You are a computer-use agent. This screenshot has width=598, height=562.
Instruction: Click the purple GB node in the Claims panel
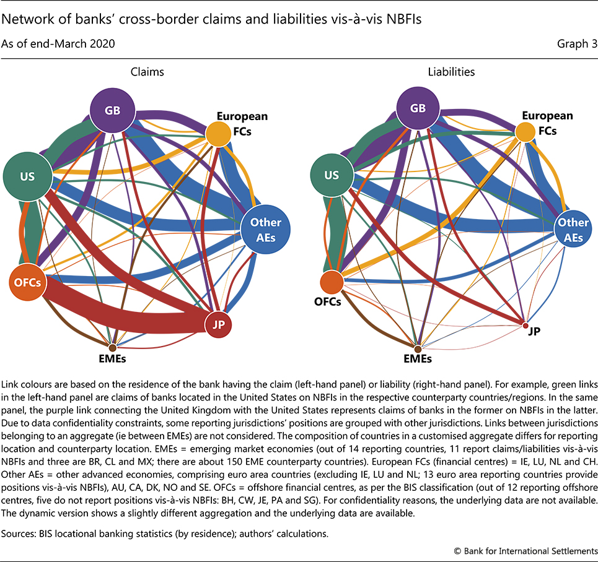click(113, 111)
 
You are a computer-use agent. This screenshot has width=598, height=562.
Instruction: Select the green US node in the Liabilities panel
click(332, 175)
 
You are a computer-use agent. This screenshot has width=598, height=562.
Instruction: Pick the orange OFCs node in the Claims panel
click(28, 283)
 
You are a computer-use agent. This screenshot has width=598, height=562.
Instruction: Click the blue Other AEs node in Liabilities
click(573, 228)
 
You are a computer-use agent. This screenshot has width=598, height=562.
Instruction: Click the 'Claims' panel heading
click(147, 72)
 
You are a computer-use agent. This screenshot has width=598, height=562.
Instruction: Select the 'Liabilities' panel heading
click(451, 72)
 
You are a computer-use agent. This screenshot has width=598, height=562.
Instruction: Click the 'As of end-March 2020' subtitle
click(58, 43)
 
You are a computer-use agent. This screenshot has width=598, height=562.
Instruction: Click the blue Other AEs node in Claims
click(266, 228)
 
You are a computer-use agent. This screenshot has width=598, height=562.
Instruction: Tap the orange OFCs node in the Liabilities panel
click(332, 282)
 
